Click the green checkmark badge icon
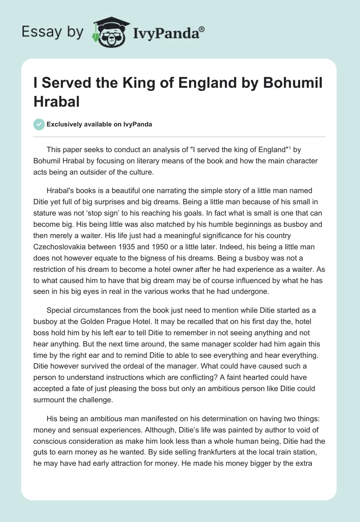click(x=39, y=124)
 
